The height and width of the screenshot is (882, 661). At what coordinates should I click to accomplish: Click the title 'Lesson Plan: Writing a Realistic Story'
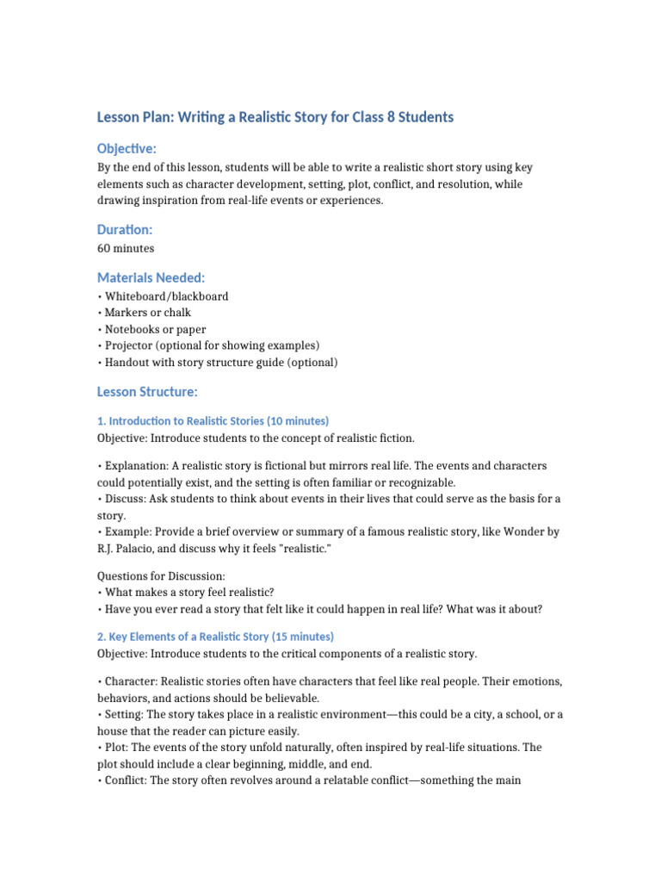(x=275, y=116)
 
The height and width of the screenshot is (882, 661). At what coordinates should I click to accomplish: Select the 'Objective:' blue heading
(x=127, y=149)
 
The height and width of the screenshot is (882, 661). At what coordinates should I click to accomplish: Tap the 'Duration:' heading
(x=125, y=230)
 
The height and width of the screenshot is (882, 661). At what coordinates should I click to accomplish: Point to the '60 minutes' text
(x=126, y=248)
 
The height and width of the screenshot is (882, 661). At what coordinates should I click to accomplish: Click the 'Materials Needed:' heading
(x=151, y=277)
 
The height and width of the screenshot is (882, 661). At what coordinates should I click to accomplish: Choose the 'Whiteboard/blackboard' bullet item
(x=165, y=295)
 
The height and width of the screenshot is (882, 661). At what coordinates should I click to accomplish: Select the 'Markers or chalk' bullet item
(x=146, y=313)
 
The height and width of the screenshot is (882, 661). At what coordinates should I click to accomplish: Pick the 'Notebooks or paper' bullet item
(x=154, y=329)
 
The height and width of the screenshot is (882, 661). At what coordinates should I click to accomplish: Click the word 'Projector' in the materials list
(x=129, y=345)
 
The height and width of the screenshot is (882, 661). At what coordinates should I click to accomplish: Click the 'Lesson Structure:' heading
(x=147, y=392)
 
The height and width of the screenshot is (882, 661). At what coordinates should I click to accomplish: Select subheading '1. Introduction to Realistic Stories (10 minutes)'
(x=213, y=421)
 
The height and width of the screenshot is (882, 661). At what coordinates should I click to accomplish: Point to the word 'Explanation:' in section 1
(x=131, y=465)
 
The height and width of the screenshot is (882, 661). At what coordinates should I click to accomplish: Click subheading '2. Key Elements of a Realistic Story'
(x=215, y=637)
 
